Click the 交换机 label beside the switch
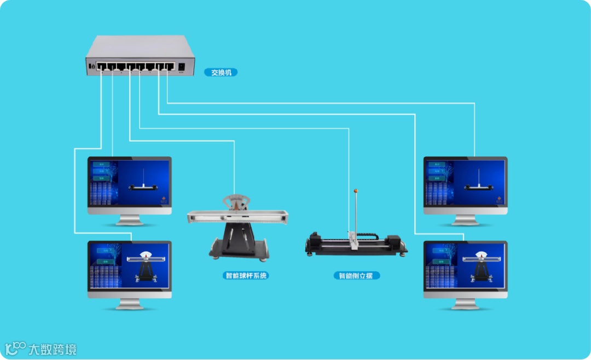point(221,72)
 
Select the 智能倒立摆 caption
point(356,276)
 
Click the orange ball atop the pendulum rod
point(356,191)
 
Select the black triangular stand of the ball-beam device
point(238,241)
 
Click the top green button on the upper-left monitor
point(101,164)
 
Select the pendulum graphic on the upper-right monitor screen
point(479,183)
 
